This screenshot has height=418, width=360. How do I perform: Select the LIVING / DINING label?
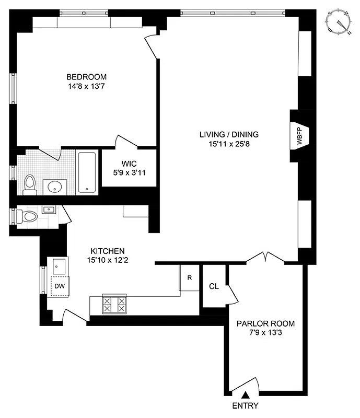[229, 134]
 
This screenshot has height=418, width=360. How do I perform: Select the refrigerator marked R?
[189, 278]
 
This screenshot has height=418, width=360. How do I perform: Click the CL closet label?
[213, 286]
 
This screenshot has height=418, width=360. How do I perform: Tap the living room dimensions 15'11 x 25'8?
[229, 144]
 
